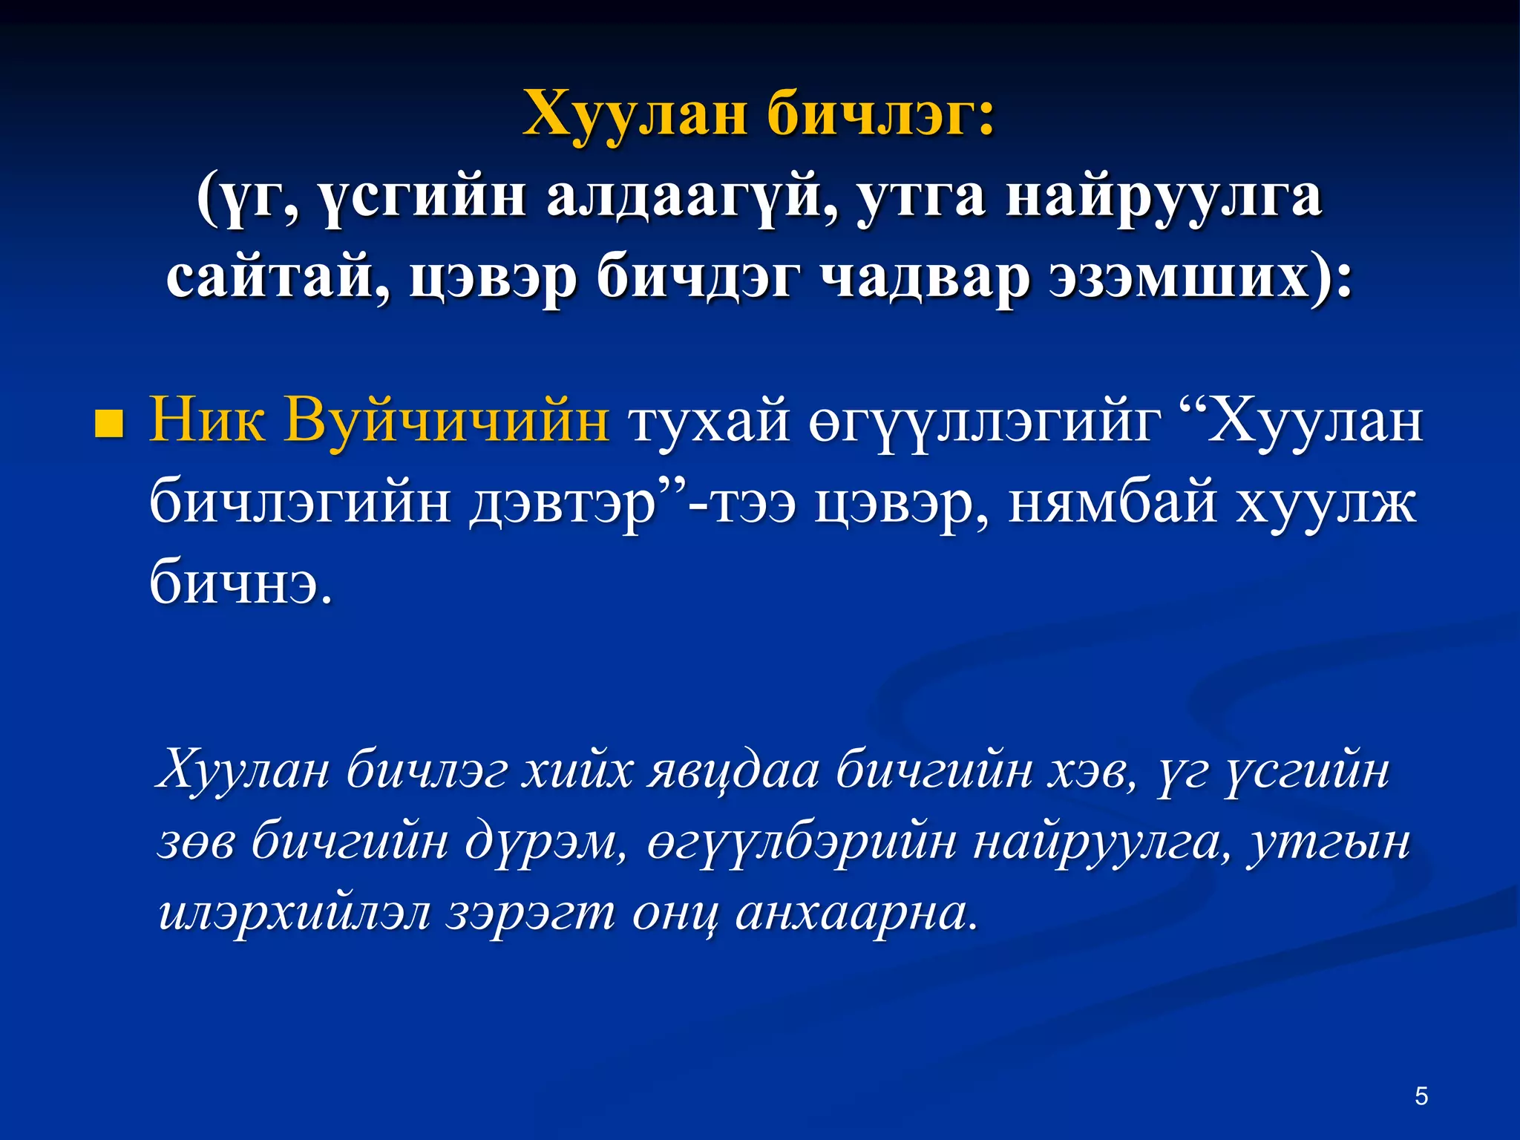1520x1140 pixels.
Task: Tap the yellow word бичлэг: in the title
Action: click(x=880, y=115)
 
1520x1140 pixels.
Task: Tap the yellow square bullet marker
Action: click(x=108, y=425)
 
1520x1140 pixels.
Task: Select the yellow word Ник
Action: click(x=207, y=420)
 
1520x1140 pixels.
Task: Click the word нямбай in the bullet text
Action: click(x=1113, y=502)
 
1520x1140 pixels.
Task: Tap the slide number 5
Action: click(x=1421, y=1096)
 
